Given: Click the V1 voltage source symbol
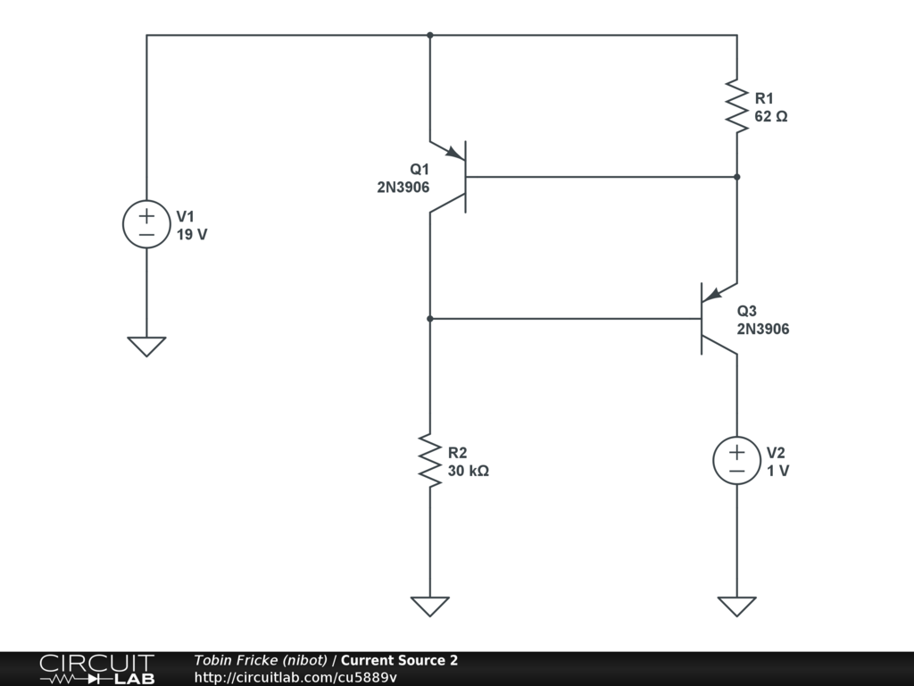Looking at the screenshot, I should tap(146, 223).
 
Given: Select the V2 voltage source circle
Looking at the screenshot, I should tap(736, 461).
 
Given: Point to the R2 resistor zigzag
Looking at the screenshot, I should tap(429, 461).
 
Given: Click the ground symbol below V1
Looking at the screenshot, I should tap(146, 346).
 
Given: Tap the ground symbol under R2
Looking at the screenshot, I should tap(429, 606).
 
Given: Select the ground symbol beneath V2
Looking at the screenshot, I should tap(736, 606).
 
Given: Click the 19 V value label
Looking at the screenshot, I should tap(192, 235).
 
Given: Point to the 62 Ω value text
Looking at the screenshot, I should tap(771, 116).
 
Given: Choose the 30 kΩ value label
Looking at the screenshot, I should tap(469, 471).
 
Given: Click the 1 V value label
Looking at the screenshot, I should tap(777, 471).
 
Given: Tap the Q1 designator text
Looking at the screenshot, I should tap(420, 170).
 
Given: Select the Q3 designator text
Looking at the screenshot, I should tap(747, 311).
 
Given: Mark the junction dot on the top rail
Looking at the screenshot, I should tap(429, 36).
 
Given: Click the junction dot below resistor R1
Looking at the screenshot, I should tap(736, 177).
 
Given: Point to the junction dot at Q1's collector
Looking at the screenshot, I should tap(429, 318).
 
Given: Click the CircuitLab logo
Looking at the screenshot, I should tap(96, 668).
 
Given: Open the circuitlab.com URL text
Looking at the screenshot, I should tap(295, 677).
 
